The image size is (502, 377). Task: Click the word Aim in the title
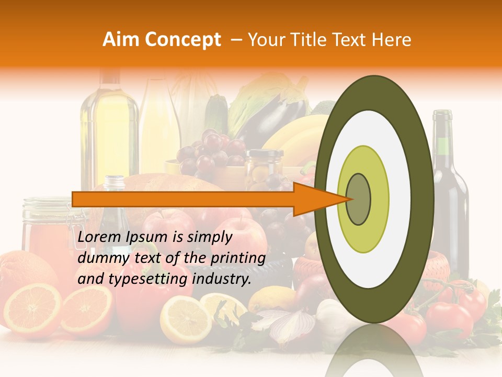pyautogui.click(x=121, y=40)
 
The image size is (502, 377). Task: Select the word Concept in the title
pyautogui.click(x=182, y=40)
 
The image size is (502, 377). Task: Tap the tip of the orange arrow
pyautogui.click(x=349, y=199)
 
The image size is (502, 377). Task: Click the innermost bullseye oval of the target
pyautogui.click(x=358, y=199)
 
